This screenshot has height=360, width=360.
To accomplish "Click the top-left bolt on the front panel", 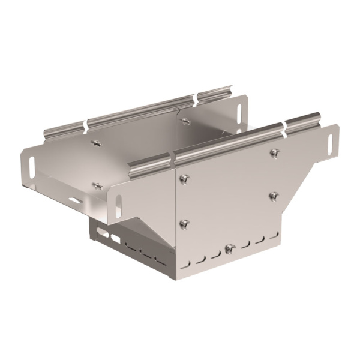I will (185, 178).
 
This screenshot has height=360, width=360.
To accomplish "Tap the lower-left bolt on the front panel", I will (185, 224).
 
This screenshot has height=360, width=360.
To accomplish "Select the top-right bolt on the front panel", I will (274, 153).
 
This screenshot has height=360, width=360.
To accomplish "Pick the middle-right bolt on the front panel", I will (274, 196).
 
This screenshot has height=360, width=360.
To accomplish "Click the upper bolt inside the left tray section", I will (94, 143).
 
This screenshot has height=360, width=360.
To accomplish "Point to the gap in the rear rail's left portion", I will (85, 125).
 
